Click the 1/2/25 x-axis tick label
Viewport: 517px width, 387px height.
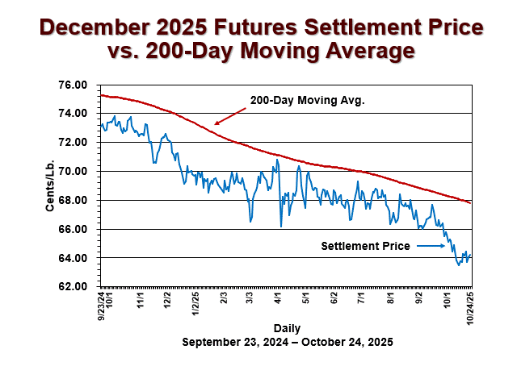[x=195, y=304]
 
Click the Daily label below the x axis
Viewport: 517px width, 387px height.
[x=288, y=329]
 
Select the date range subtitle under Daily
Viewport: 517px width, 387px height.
[x=288, y=342]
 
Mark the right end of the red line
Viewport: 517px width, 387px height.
[x=471, y=202]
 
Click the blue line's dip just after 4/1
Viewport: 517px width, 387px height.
[x=281, y=227]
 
